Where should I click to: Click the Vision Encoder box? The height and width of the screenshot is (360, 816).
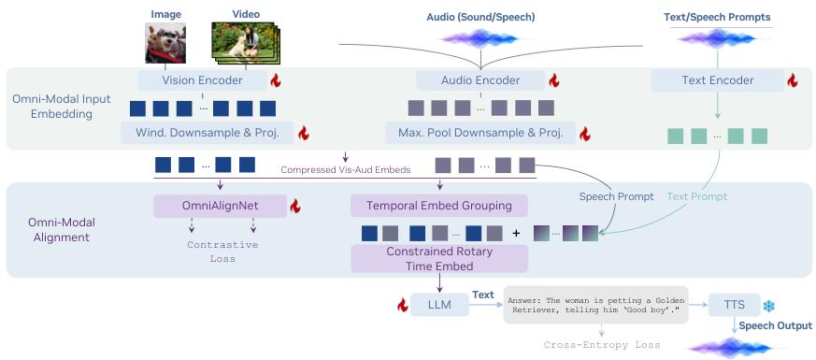pyautogui.click(x=202, y=80)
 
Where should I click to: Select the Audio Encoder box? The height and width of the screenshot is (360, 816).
pyautogui.click(x=480, y=80)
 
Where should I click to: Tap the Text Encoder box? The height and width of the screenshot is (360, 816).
pyautogui.click(x=718, y=80)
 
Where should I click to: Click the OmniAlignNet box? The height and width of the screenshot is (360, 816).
pyautogui.click(x=221, y=206)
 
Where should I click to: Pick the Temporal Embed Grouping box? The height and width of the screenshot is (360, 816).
pyautogui.click(x=438, y=206)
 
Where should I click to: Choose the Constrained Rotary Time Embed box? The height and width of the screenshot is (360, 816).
pyautogui.click(x=439, y=259)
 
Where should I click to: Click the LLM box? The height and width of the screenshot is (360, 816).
pyautogui.click(x=439, y=305)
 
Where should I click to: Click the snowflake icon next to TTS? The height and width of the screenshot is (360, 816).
pyautogui.click(x=768, y=307)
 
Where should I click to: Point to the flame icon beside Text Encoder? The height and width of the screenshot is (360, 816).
pyautogui.click(x=792, y=80)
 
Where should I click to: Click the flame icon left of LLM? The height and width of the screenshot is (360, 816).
pyautogui.click(x=402, y=306)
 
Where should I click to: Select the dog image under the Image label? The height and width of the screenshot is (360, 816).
pyautogui.click(x=165, y=43)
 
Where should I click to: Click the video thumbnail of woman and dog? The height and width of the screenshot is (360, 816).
pyautogui.click(x=245, y=44)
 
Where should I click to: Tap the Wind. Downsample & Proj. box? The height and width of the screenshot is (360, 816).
pyautogui.click(x=208, y=133)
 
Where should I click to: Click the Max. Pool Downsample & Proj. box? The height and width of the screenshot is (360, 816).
pyautogui.click(x=480, y=133)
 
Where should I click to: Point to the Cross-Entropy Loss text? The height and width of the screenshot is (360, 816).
pyautogui.click(x=602, y=345)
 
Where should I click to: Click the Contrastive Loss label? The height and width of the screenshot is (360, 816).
pyautogui.click(x=222, y=252)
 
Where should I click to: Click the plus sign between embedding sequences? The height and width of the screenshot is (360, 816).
pyautogui.click(x=516, y=233)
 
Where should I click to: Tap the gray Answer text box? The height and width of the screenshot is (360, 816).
pyautogui.click(x=595, y=304)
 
